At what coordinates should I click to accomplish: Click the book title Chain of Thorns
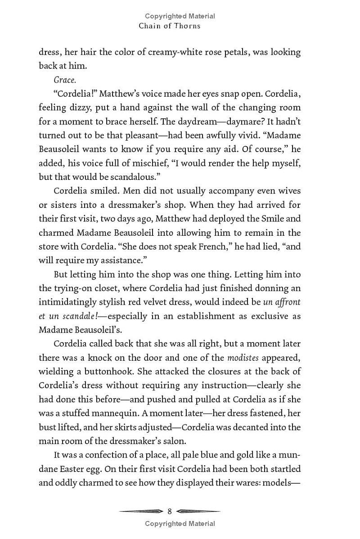[x=170, y=26]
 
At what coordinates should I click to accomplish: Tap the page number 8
[x=170, y=511]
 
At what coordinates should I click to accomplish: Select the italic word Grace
[x=65, y=80]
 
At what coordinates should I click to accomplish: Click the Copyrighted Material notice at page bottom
[x=180, y=523]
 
